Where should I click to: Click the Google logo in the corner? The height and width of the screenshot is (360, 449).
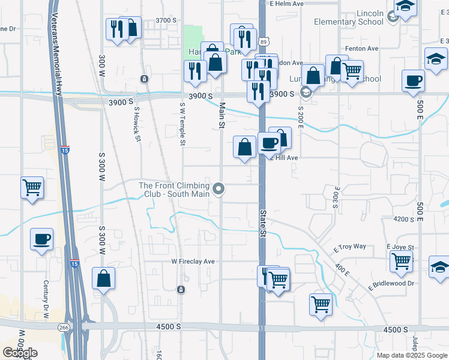point(20,353)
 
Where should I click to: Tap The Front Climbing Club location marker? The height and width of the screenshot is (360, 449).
point(219,190)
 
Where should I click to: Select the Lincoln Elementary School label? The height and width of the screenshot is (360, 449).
point(349,17)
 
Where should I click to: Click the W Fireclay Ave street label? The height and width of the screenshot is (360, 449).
point(193,262)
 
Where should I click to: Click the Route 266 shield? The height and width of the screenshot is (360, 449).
point(63,328)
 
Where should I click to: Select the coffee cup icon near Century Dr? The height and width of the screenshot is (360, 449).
point(42,239)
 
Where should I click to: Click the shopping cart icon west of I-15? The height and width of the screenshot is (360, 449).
point(32,187)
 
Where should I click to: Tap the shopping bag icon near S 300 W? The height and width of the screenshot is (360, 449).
point(104,278)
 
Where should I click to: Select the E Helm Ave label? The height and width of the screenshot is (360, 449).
point(287,4)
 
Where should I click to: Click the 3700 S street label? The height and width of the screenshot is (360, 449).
point(166,20)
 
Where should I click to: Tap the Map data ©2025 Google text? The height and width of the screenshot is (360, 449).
point(411,355)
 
